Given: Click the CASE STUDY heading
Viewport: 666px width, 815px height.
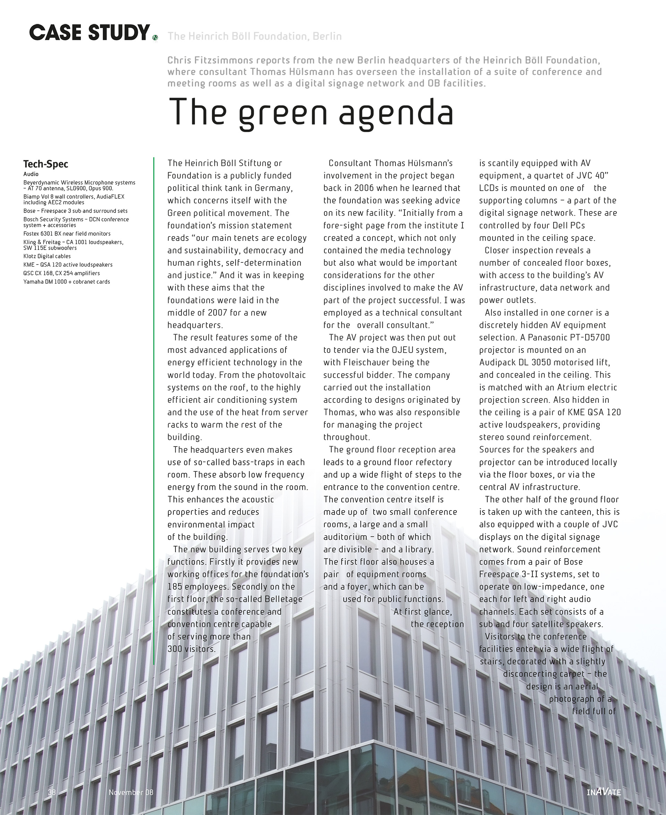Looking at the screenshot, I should coord(89,33).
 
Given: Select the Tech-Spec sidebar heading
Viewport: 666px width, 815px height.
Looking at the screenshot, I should coord(46,164).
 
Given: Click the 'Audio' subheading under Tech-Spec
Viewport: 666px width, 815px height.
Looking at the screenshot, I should coord(31,174).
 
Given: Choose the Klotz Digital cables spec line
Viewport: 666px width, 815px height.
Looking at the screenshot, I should coord(47,256).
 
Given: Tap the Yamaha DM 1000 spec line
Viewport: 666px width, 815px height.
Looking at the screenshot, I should coord(66,282).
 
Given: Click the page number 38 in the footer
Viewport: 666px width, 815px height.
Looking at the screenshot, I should coord(52,792).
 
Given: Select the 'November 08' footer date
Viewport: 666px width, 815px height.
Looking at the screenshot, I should coord(131,792).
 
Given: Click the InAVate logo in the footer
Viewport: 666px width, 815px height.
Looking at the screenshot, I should coord(604,792).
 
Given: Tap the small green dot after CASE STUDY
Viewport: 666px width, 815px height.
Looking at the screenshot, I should coord(155,37).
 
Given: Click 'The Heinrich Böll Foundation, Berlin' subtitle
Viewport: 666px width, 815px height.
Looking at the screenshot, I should coord(254,36).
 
